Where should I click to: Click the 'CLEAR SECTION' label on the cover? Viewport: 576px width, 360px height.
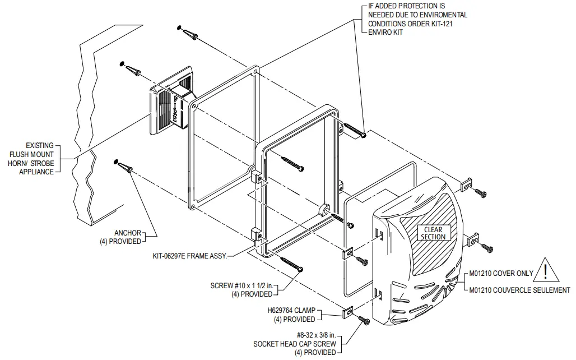tap(433, 233)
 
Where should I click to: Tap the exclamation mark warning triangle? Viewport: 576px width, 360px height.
tap(545, 271)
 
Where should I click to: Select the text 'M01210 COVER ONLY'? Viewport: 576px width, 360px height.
tap(501, 274)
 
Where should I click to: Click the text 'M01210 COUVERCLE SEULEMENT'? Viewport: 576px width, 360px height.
tap(519, 290)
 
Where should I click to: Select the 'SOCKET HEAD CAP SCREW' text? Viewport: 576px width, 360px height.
tap(295, 343)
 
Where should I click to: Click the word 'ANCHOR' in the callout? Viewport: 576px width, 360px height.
tap(127, 233)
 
